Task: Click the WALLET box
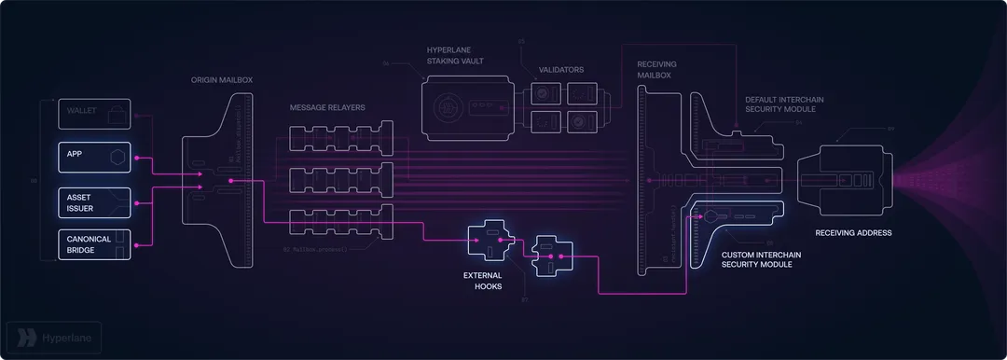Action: click(x=94, y=115)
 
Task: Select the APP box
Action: click(x=94, y=158)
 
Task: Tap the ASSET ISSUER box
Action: click(x=94, y=202)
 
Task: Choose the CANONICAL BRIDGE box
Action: click(x=94, y=244)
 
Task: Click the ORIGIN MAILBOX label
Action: click(x=221, y=80)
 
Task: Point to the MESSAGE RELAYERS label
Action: click(x=327, y=107)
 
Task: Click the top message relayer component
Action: click(x=341, y=139)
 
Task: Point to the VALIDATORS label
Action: click(x=562, y=69)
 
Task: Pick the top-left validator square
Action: click(x=545, y=93)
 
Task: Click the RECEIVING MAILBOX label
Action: click(x=657, y=69)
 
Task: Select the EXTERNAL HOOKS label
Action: click(x=482, y=281)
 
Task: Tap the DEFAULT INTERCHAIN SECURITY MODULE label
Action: click(x=784, y=104)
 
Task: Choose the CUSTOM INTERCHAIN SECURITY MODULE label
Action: click(x=764, y=259)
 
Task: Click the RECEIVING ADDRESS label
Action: click(x=853, y=233)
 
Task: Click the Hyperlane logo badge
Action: click(x=53, y=337)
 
